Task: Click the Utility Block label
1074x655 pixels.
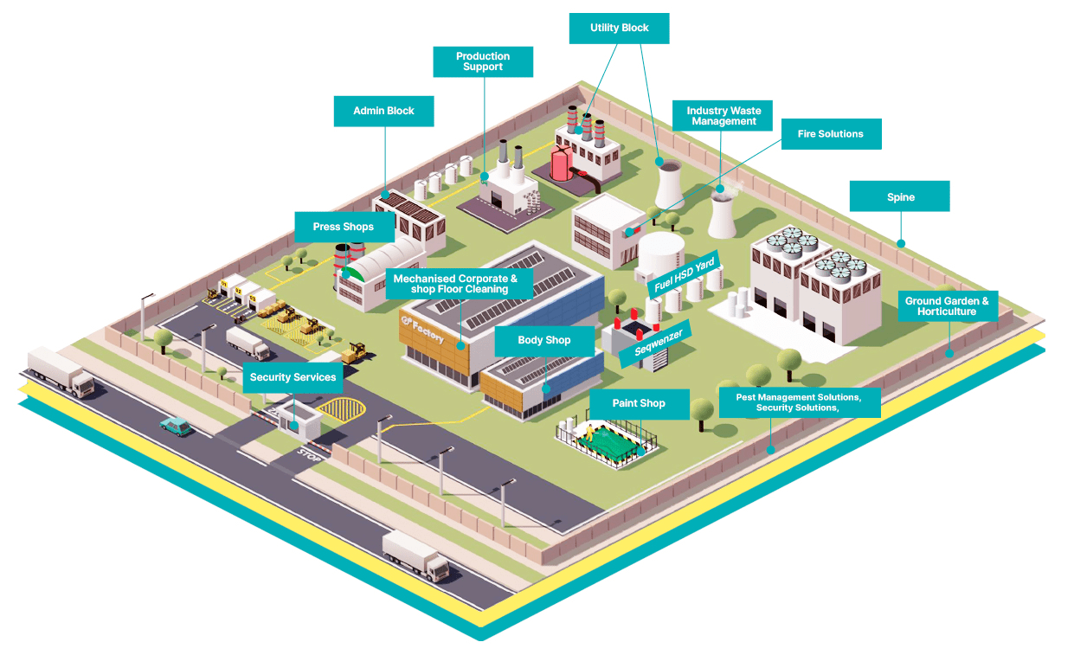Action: [619, 29]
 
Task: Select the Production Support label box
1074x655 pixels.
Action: [483, 61]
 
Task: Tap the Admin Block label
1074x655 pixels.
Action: [383, 111]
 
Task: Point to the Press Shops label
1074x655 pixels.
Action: [344, 227]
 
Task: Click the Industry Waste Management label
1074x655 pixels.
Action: [724, 116]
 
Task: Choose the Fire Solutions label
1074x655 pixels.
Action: [830, 134]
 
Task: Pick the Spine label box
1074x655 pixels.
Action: [899, 196]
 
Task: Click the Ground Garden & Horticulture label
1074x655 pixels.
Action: [947, 305]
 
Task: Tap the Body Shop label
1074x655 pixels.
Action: [543, 340]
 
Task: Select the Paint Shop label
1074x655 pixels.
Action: [639, 403]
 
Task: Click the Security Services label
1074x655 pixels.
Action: [293, 377]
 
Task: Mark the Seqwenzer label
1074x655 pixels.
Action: [658, 342]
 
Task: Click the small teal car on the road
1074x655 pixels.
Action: [176, 425]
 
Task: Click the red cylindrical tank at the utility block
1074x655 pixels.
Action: [562, 164]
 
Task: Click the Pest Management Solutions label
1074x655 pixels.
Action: [799, 402]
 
